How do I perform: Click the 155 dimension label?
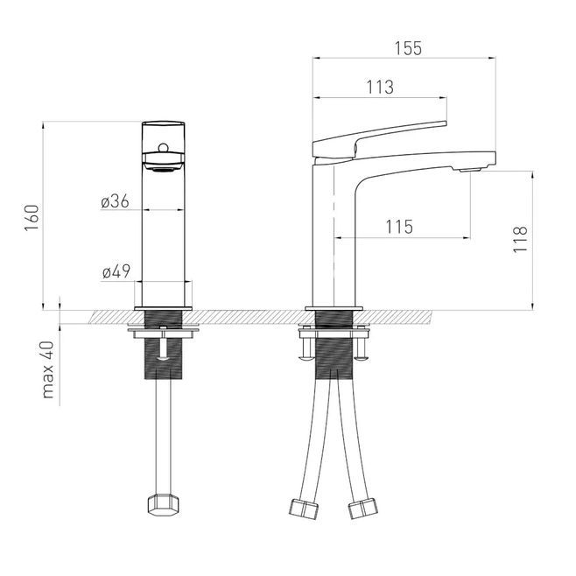(408, 48)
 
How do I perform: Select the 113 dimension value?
(380, 87)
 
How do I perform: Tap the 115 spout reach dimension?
(399, 227)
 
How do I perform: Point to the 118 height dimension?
(520, 240)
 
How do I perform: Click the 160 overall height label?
(32, 218)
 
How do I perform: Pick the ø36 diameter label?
(115, 201)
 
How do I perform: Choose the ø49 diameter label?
(116, 271)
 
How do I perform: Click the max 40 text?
(48, 370)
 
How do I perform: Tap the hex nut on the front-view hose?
(163, 505)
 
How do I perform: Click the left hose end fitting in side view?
(304, 509)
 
